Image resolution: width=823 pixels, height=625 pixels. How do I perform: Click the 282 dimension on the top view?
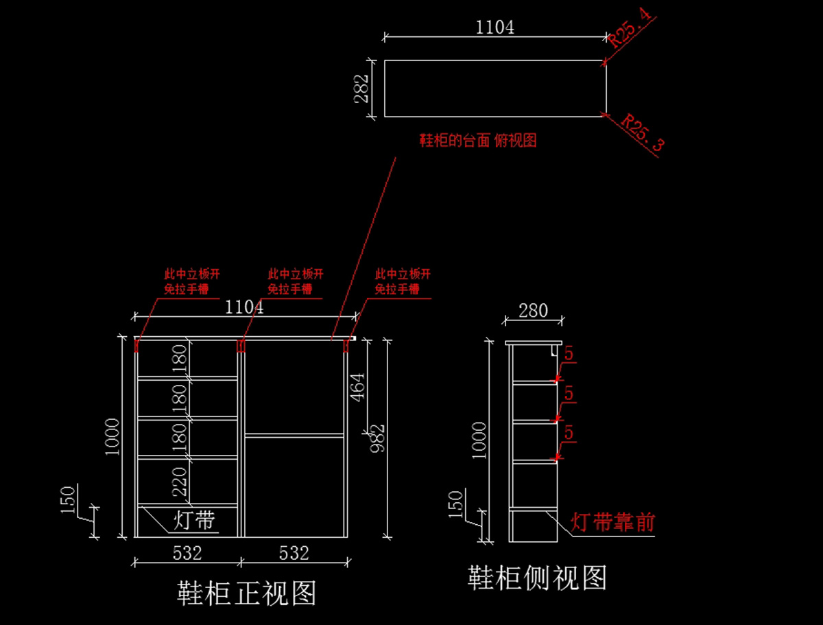pos(361,89)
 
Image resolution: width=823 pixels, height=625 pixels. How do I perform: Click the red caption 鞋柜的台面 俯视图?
pos(478,141)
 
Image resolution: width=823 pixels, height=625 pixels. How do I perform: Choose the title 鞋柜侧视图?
pos(537,578)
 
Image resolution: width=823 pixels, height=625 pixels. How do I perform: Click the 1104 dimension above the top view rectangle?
pos(494,27)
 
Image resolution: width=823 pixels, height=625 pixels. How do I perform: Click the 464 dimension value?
pos(358,387)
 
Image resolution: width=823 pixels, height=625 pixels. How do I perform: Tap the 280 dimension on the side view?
pos(533,311)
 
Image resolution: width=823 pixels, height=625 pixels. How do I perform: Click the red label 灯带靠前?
pos(613,523)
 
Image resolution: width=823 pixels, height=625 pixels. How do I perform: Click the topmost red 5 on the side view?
pos(569,353)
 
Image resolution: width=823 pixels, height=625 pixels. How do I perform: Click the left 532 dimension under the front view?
pos(187,553)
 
